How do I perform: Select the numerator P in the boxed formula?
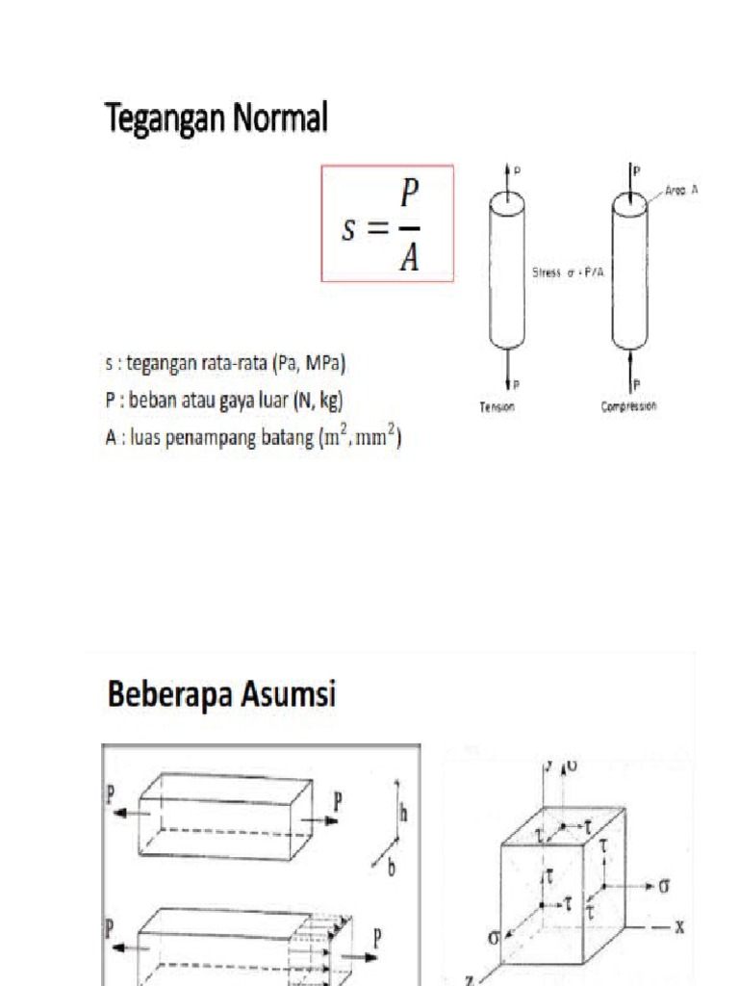click(410, 196)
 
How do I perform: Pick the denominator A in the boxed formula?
click(410, 257)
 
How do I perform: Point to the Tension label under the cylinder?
click(497, 407)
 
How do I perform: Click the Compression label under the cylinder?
click(629, 406)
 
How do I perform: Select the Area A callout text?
click(679, 191)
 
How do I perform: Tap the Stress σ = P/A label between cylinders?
click(568, 273)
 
